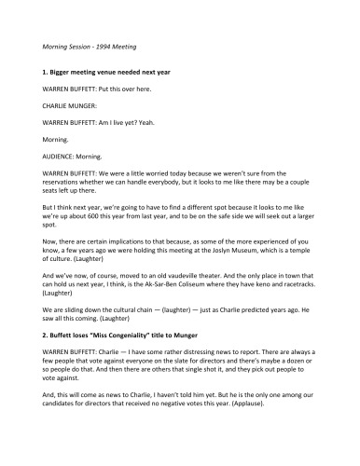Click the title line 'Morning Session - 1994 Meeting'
click(90, 46)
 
